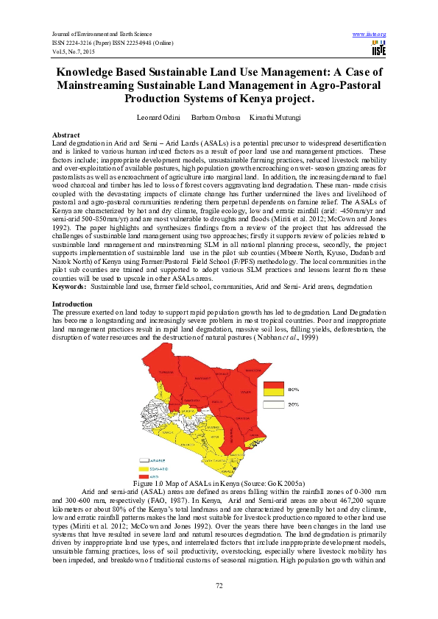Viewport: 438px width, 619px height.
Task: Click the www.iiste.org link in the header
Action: pos(369,35)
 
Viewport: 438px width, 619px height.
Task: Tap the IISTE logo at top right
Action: pos(379,49)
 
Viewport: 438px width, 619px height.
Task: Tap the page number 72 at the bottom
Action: pos(219,584)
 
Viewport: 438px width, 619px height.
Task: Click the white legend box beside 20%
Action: pos(274,404)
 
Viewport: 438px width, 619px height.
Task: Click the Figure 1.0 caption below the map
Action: pos(219,481)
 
